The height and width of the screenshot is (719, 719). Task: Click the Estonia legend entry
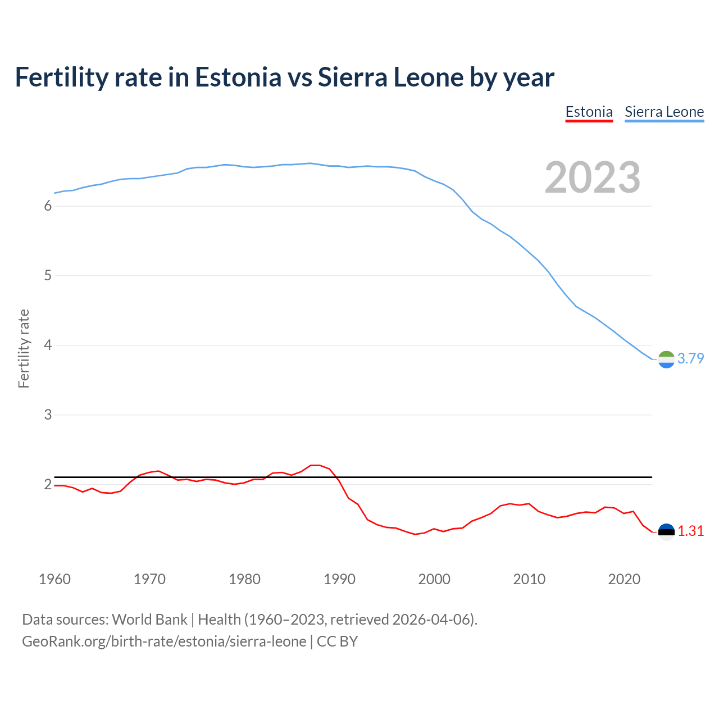coord(589,112)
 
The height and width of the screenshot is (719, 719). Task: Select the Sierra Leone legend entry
coord(664,112)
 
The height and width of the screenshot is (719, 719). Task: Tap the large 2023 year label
coord(593,178)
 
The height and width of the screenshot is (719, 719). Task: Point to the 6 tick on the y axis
coord(48,206)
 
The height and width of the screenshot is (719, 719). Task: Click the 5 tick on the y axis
coord(48,276)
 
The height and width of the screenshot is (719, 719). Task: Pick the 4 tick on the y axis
coord(48,345)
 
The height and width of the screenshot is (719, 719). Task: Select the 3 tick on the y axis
coord(48,415)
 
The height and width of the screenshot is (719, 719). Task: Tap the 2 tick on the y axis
coord(48,485)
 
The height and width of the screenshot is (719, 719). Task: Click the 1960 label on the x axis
coord(54,579)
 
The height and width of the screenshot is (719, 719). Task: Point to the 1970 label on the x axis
coord(149,579)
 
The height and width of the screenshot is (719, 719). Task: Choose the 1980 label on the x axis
coord(244,579)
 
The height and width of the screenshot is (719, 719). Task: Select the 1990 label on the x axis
coord(339,579)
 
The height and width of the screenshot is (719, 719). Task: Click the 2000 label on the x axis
coord(434,579)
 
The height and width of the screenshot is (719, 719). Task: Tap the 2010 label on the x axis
coord(529,579)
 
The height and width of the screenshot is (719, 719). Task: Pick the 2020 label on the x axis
coord(624,579)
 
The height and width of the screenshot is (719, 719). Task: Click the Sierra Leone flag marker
coord(666,359)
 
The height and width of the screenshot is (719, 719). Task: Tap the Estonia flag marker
coord(666,532)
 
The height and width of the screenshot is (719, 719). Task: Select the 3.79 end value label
coord(690,359)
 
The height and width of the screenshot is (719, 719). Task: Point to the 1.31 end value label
coord(690,531)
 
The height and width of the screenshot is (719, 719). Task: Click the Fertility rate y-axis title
coord(24,348)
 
